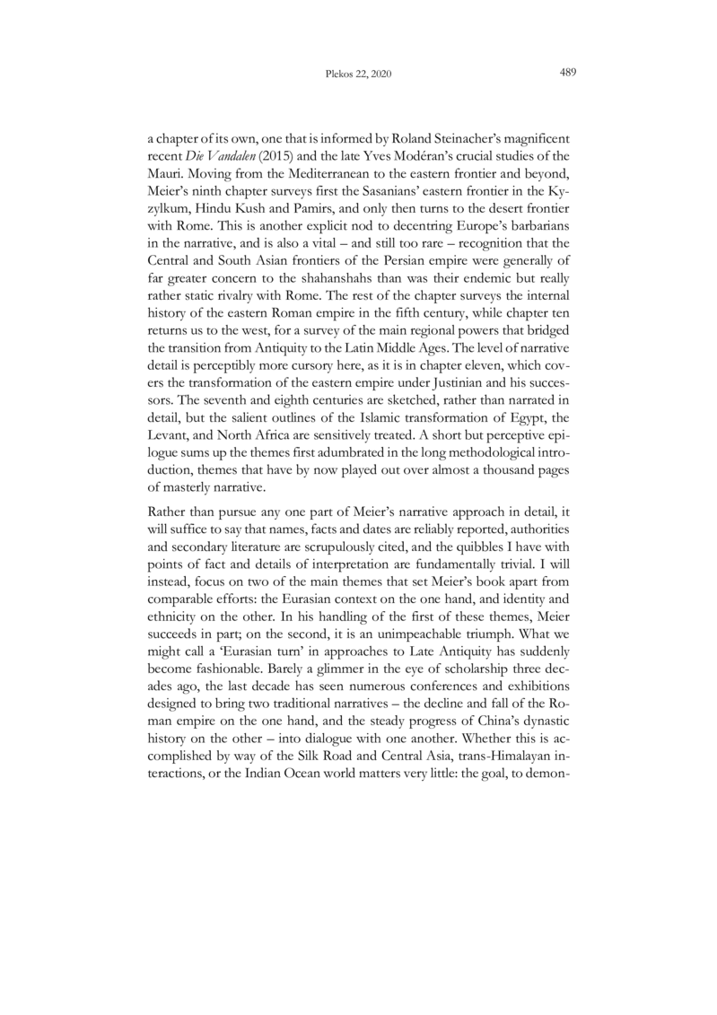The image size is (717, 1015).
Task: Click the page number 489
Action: pos(566,74)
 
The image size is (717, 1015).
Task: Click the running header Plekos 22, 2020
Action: pos(358,75)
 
